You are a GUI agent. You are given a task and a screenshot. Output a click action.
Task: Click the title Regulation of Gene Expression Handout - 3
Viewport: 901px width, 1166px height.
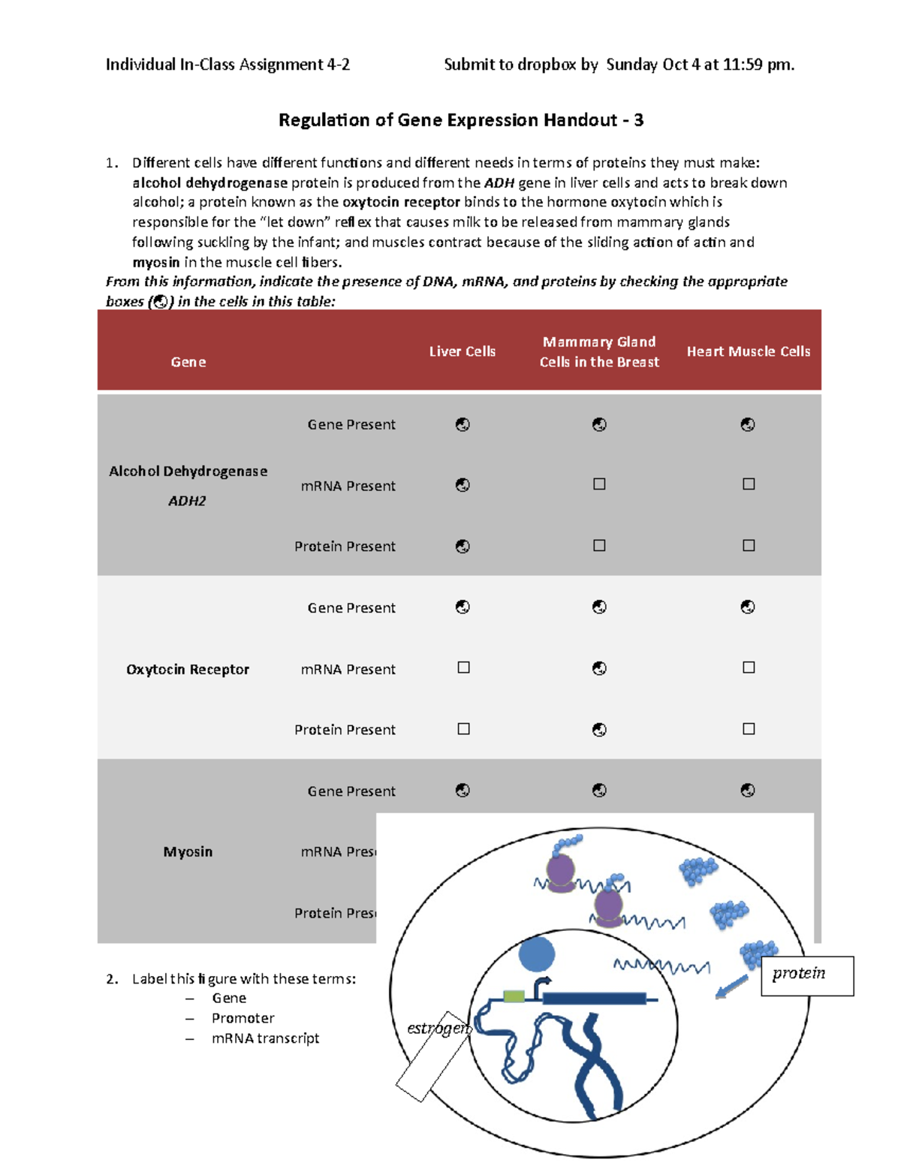[460, 120]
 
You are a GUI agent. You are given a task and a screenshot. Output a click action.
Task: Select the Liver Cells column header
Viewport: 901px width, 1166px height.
[462, 351]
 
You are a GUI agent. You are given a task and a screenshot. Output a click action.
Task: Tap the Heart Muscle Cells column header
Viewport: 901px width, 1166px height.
[748, 351]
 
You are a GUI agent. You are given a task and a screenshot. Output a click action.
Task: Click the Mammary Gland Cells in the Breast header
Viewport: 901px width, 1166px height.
[598, 351]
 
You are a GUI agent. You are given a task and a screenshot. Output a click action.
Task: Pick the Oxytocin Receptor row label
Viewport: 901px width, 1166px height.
[187, 669]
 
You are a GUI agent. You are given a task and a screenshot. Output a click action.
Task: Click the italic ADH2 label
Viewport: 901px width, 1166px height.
[186, 501]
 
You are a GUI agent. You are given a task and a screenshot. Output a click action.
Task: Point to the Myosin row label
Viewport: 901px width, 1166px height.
[188, 851]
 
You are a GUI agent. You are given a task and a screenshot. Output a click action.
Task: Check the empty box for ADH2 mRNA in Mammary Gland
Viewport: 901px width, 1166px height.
[599, 484]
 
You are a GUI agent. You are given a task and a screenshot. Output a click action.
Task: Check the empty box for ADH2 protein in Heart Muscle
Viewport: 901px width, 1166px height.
[749, 546]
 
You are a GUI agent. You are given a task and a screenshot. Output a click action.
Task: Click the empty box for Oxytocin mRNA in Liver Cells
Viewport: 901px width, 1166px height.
[463, 667]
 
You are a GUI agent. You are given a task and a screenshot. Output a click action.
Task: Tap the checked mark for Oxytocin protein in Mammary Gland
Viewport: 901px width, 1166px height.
[599, 730]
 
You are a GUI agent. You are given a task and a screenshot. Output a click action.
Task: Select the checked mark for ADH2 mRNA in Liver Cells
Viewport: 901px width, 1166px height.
[463, 485]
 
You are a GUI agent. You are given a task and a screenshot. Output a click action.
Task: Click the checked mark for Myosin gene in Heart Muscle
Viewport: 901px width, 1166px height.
[748, 790]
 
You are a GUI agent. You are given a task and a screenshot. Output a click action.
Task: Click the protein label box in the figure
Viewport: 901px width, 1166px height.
[806, 975]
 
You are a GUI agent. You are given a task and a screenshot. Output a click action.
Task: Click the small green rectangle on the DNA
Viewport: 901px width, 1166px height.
[514, 996]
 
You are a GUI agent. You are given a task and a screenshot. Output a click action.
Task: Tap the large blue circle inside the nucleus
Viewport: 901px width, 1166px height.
[536, 955]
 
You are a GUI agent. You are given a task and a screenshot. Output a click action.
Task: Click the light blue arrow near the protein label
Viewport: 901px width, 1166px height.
[731, 987]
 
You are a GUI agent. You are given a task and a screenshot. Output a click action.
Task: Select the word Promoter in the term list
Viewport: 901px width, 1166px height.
[243, 1018]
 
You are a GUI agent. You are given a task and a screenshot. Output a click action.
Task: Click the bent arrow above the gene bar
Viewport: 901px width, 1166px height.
[541, 986]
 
